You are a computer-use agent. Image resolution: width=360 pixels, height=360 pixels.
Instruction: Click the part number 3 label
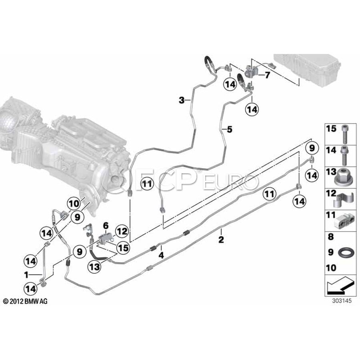click(182, 100)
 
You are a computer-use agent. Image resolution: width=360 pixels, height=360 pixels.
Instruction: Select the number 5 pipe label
click(230, 130)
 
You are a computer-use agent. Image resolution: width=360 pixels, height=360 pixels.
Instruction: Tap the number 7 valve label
click(267, 75)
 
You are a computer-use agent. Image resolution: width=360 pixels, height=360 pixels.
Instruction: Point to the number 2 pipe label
click(221, 240)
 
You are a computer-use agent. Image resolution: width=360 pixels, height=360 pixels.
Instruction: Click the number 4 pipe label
click(162, 255)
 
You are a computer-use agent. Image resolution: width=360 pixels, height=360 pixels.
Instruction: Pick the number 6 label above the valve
click(106, 226)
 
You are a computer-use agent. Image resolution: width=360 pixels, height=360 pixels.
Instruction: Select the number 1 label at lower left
click(26, 275)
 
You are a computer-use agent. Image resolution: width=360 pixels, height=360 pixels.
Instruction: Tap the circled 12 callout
click(122, 232)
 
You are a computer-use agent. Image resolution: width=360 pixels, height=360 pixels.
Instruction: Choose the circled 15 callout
click(123, 248)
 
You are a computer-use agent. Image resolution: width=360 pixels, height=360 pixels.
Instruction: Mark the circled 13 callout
click(94, 267)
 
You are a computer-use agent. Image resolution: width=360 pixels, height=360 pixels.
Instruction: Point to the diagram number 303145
click(342, 301)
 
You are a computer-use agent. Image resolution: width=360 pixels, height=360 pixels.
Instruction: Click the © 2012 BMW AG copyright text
click(25, 301)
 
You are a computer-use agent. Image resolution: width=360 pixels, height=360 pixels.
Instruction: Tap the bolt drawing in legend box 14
click(344, 156)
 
